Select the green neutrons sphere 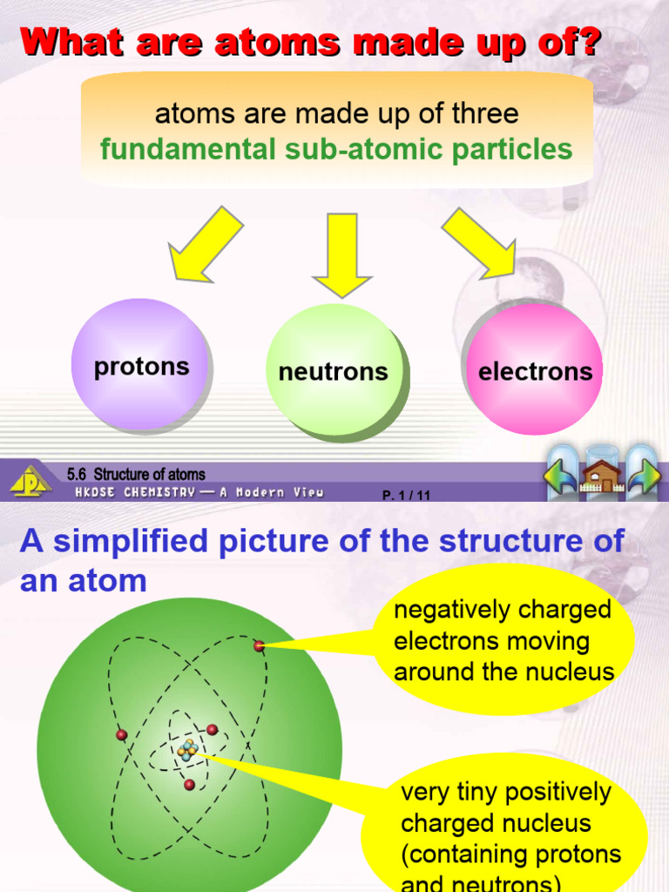pos(334,370)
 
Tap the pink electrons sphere pos(535,369)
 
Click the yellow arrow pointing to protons pos(207,245)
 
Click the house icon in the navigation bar pos(603,476)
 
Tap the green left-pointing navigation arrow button pos(560,476)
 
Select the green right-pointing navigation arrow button pos(644,476)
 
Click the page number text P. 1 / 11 pos(407,495)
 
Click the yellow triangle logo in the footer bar pos(30,481)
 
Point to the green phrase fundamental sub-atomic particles pos(336,149)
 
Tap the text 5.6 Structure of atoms pos(136,475)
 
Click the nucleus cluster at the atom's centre pos(187,750)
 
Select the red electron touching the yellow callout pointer pos(259,645)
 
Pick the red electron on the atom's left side pos(122,734)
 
